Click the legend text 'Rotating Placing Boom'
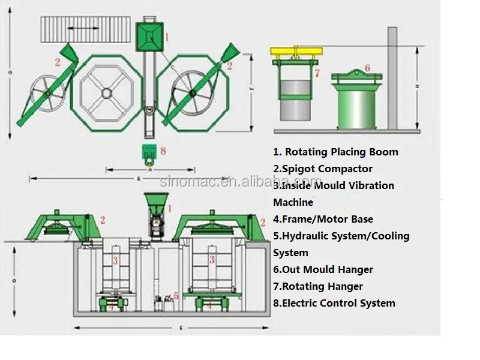point(341,152)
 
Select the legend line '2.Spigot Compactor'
point(323,169)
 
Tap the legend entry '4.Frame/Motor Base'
point(323,220)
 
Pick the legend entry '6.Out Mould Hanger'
point(323,270)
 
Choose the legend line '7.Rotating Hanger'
point(318,287)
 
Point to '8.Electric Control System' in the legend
point(334,304)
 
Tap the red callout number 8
point(163,151)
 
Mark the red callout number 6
point(367,68)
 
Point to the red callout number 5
point(176,295)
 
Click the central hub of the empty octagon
point(106,92)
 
